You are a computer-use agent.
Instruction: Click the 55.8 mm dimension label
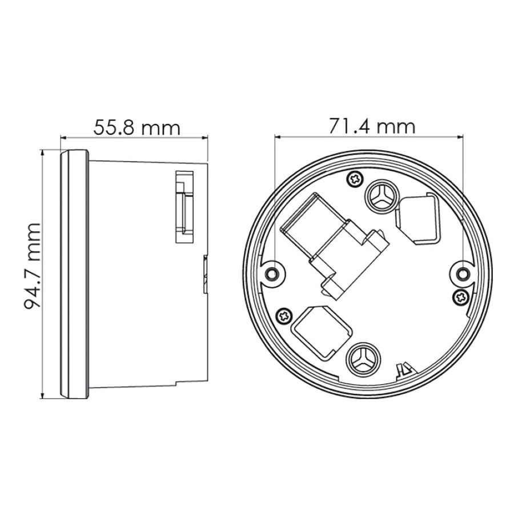(x=136, y=127)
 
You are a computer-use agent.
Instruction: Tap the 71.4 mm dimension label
(x=372, y=126)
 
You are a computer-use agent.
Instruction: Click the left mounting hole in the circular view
(x=272, y=273)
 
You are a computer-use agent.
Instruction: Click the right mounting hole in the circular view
(x=463, y=273)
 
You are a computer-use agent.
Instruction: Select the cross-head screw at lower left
(x=284, y=316)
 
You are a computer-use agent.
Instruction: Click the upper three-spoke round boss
(x=382, y=196)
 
